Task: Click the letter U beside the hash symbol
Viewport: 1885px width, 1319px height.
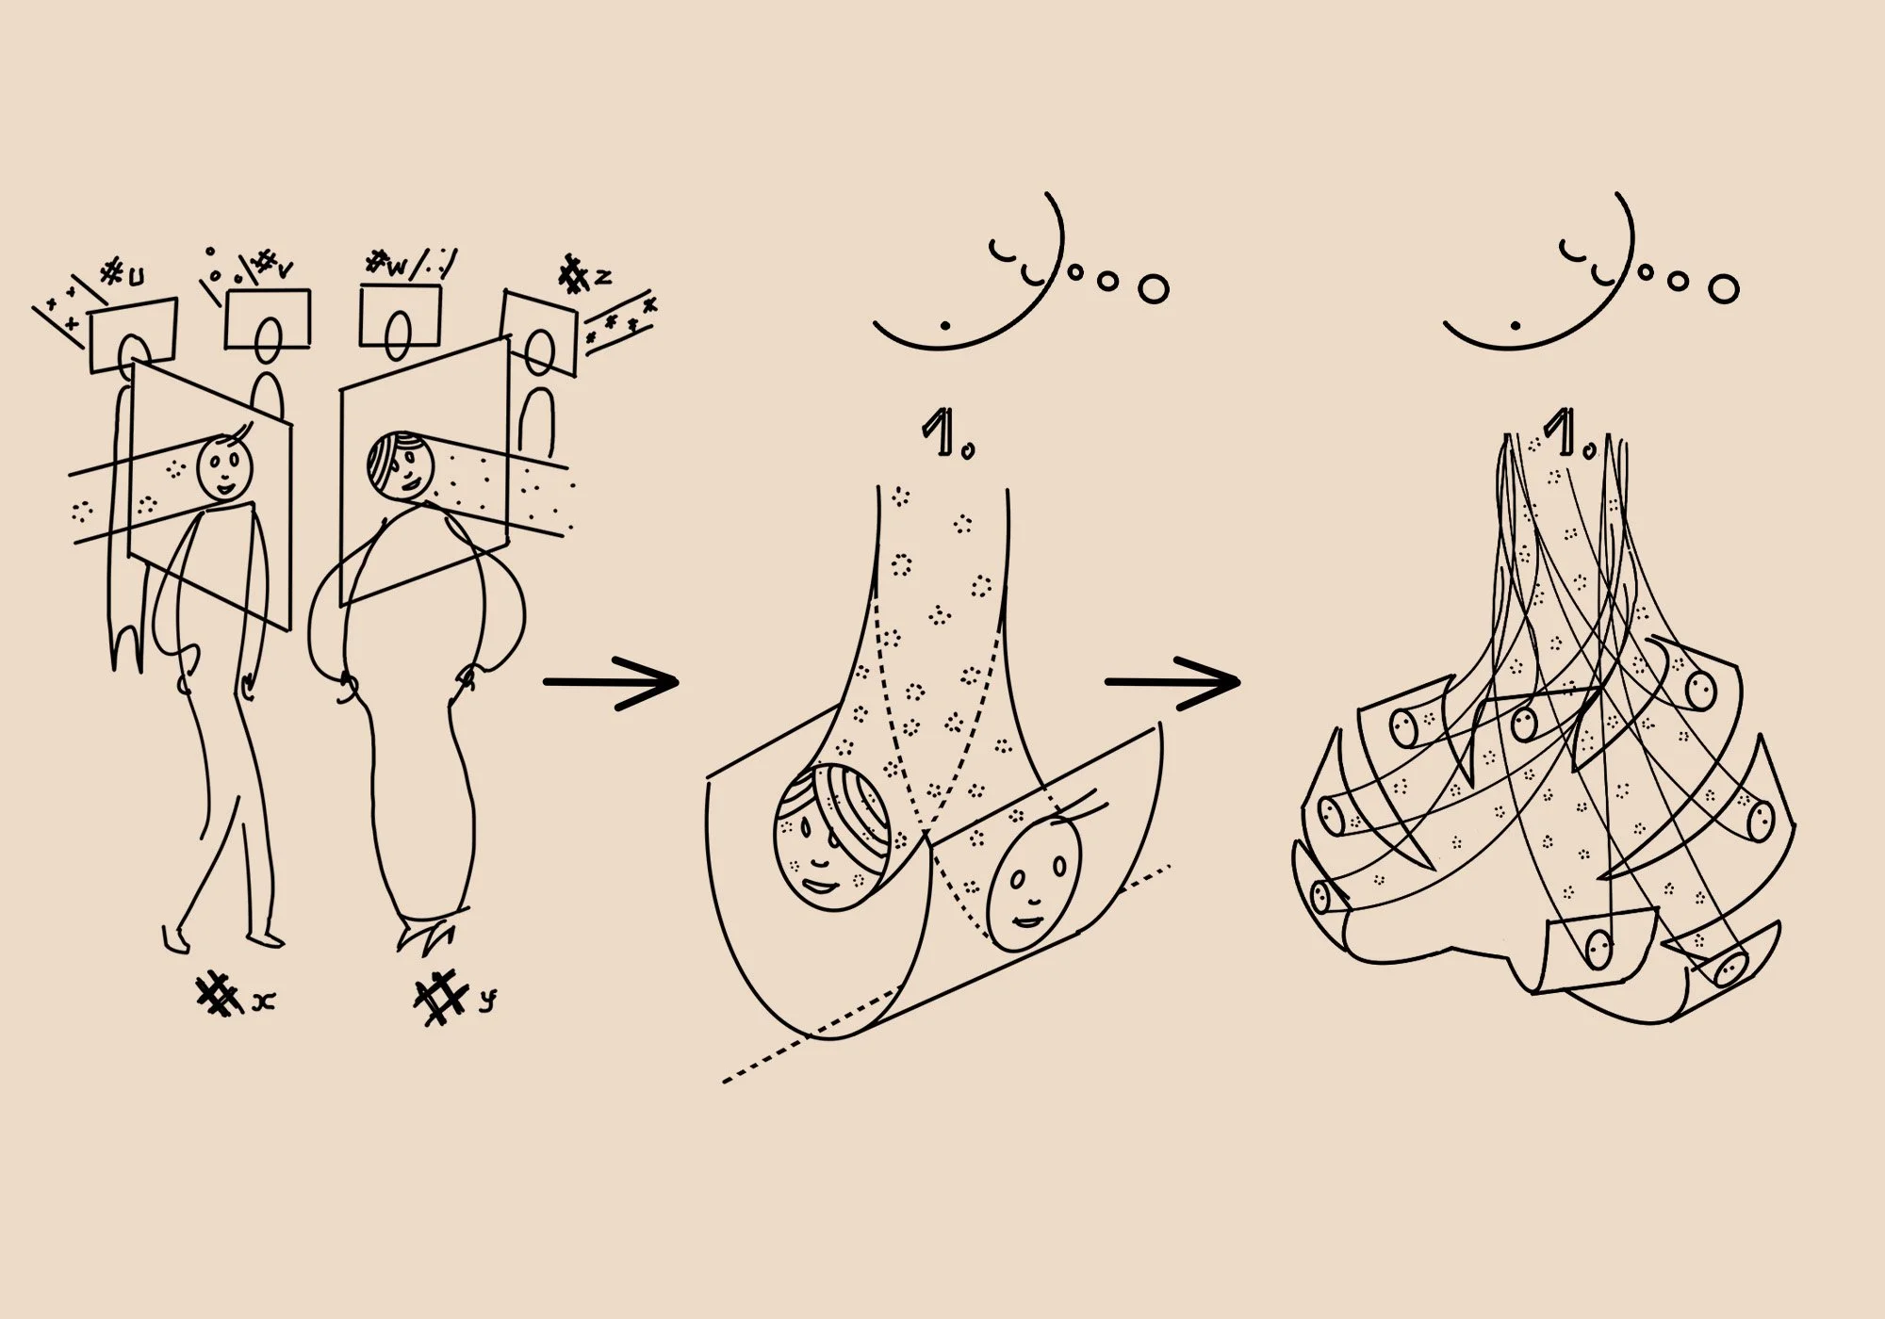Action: point(137,278)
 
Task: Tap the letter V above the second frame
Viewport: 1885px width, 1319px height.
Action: point(284,270)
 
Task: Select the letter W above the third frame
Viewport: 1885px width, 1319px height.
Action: point(396,268)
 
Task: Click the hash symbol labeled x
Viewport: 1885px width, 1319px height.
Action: point(218,996)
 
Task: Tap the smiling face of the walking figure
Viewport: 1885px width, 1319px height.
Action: point(225,468)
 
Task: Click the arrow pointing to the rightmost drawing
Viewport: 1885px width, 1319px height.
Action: point(1173,681)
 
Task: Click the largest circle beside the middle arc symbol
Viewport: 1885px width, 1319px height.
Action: point(1153,288)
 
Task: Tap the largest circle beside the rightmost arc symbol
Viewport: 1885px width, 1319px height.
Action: point(1724,288)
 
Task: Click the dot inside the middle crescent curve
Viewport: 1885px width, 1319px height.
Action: point(945,325)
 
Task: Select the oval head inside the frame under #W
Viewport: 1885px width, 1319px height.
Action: point(399,336)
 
